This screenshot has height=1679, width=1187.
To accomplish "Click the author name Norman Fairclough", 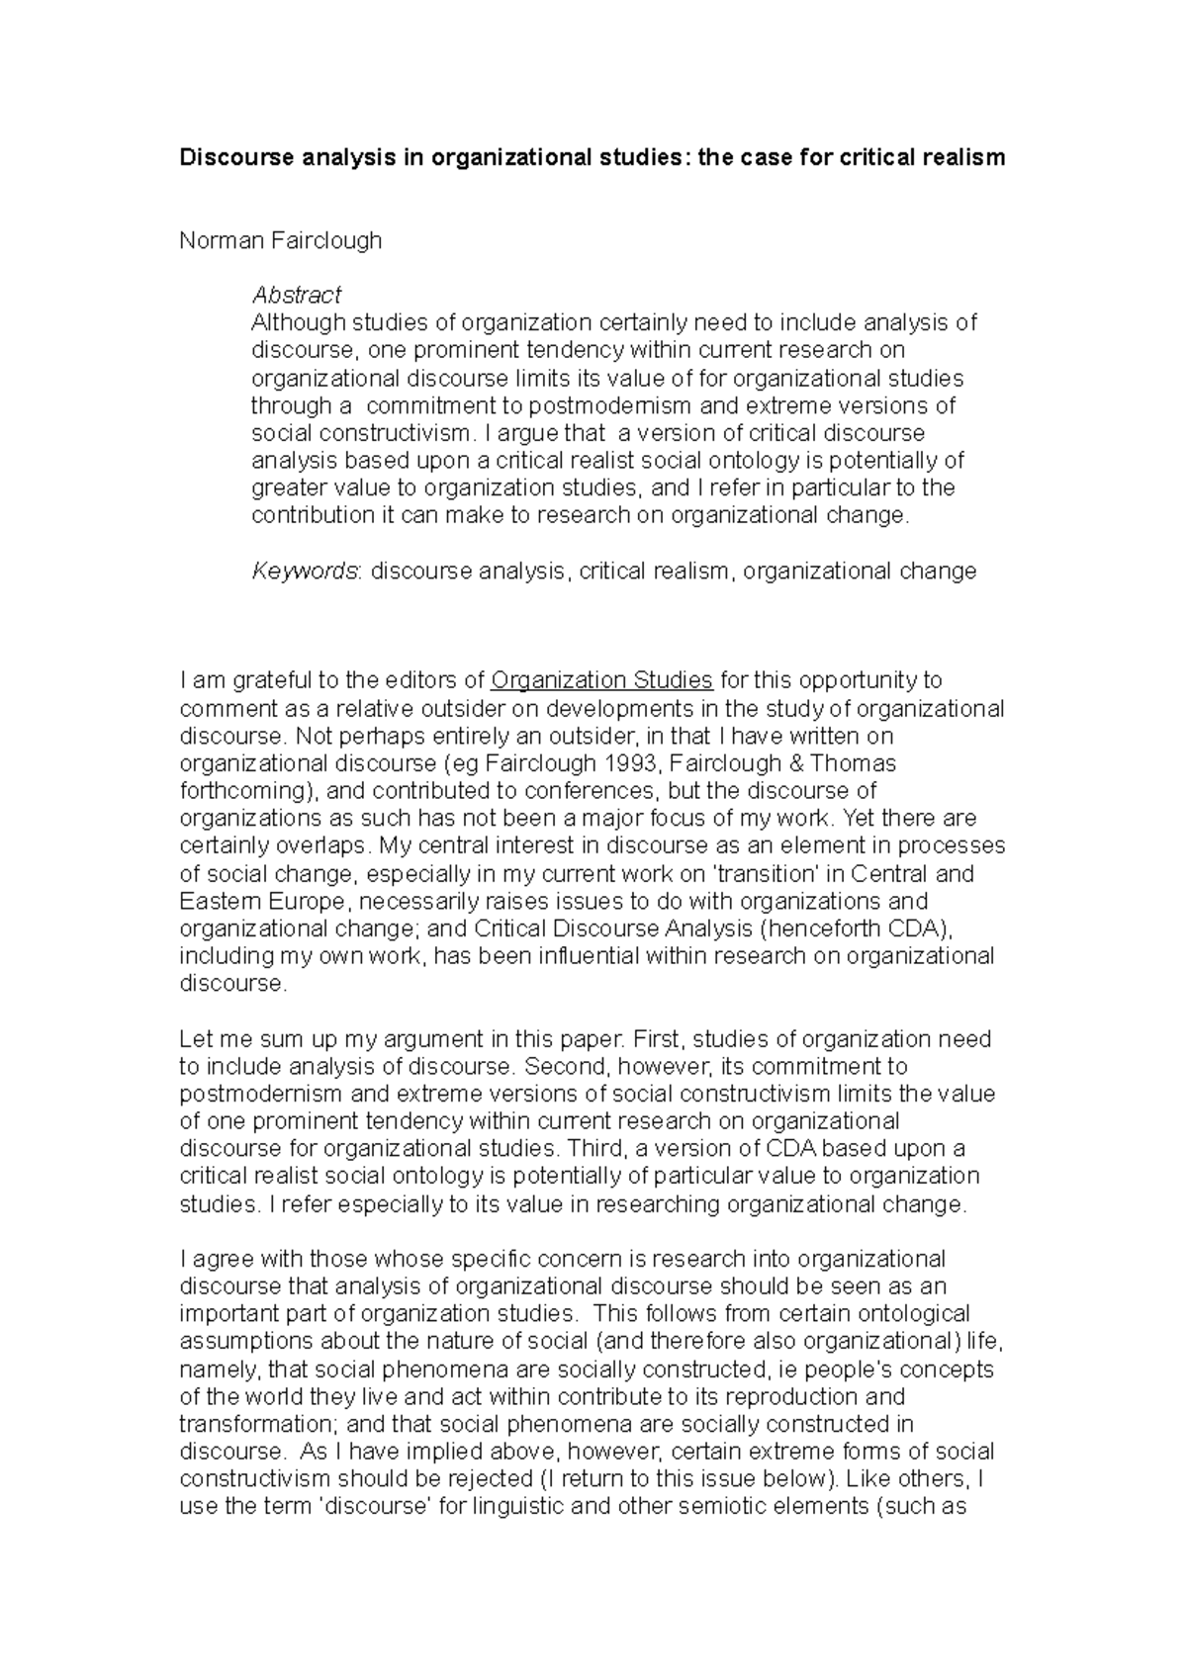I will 280,240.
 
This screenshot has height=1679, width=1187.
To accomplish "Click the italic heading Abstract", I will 296,295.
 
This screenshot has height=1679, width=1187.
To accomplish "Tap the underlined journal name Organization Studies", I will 601,680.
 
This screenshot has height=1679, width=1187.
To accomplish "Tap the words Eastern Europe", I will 264,902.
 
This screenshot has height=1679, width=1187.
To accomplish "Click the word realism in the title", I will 959,157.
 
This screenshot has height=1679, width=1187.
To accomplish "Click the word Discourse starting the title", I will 230,157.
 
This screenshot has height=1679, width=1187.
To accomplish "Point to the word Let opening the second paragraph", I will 195,1039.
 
